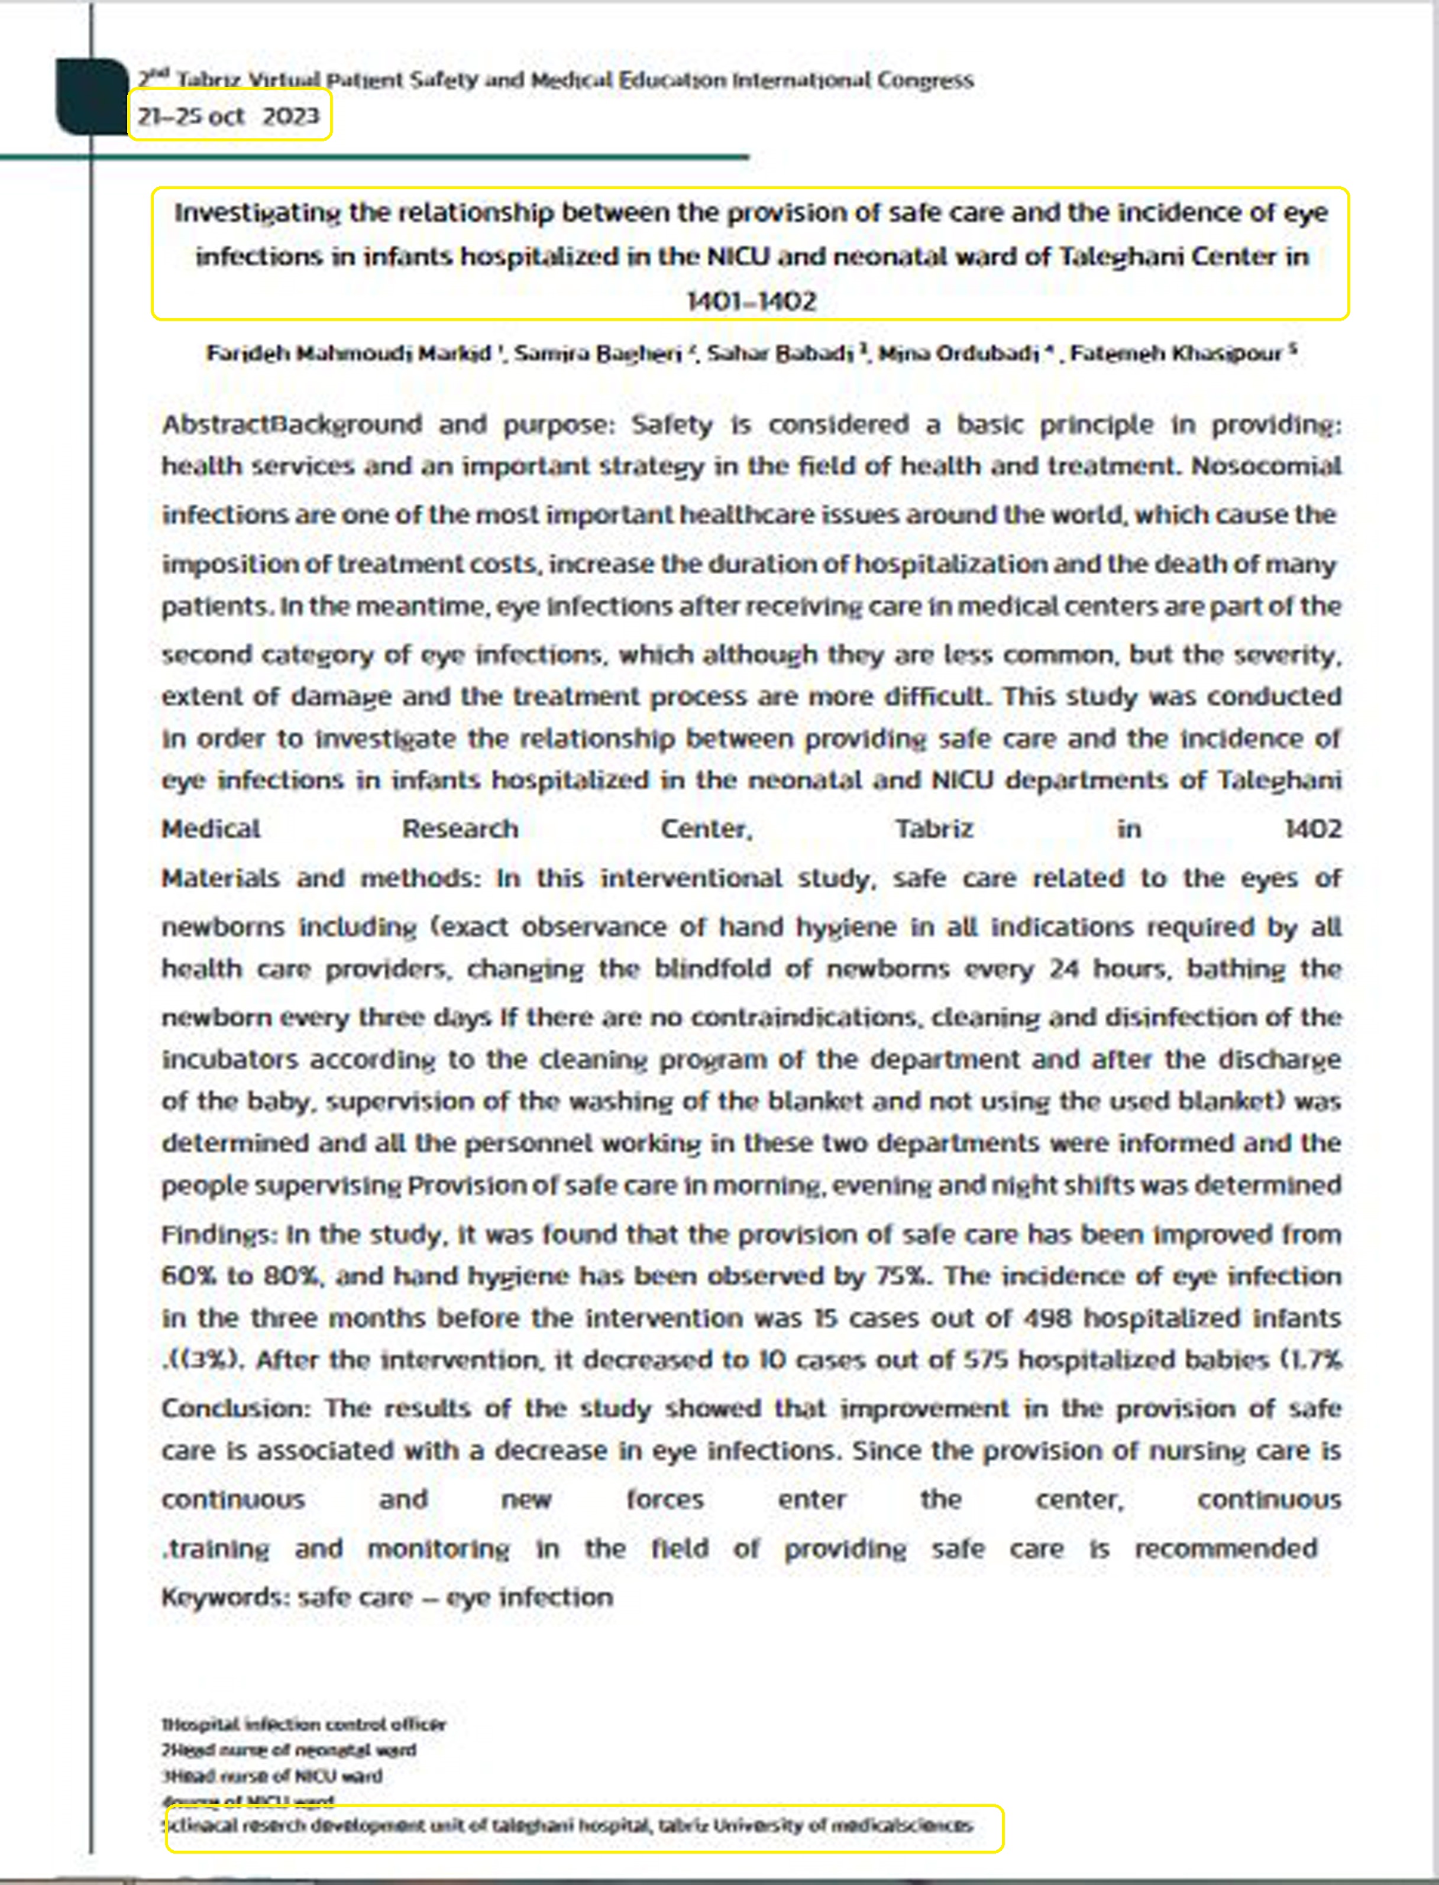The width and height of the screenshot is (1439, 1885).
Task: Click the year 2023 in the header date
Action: point(290,116)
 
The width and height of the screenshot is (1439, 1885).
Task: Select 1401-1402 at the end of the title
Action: point(751,302)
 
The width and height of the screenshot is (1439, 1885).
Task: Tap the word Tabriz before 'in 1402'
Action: point(934,829)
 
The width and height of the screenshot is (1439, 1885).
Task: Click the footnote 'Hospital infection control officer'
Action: point(305,1725)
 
